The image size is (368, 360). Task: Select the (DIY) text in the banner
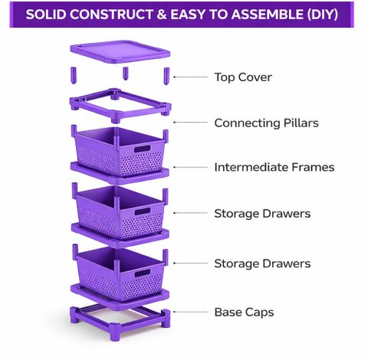click(x=322, y=15)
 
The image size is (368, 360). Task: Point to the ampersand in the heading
click(x=161, y=15)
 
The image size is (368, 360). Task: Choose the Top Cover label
click(x=243, y=77)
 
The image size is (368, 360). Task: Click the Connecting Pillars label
click(x=266, y=123)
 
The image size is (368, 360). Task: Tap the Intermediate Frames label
click(x=274, y=168)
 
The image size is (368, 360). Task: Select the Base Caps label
click(x=244, y=313)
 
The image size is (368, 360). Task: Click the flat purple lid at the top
click(x=120, y=51)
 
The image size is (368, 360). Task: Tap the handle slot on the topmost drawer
click(x=143, y=149)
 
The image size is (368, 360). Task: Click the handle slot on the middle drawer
click(x=143, y=211)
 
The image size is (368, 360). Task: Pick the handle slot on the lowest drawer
click(x=143, y=273)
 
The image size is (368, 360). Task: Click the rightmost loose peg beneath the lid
click(x=166, y=76)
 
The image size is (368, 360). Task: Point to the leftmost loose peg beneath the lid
click(x=74, y=75)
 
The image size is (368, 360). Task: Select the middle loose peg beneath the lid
click(x=125, y=74)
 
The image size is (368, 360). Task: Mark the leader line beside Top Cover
click(x=190, y=77)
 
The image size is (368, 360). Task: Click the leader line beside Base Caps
click(x=190, y=312)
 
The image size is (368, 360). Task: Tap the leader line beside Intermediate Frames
click(x=190, y=167)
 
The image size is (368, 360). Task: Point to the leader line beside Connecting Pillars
click(x=190, y=123)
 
